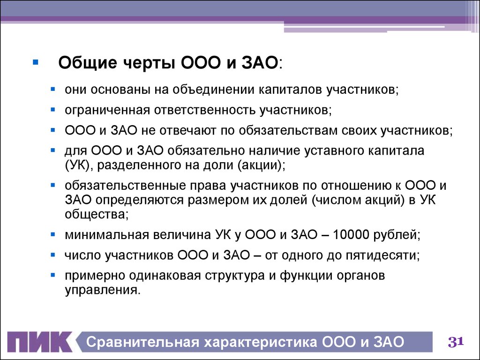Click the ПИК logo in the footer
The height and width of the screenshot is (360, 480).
tap(40, 342)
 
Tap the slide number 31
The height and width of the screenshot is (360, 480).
tap(456, 342)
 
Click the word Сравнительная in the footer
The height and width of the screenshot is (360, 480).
tap(142, 342)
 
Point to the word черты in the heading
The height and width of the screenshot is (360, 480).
tap(150, 63)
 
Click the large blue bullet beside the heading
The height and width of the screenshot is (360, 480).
tap(36, 62)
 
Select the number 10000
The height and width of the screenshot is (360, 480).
tap(351, 235)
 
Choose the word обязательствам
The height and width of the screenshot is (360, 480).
tap(288, 131)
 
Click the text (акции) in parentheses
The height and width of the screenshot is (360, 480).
tap(261, 165)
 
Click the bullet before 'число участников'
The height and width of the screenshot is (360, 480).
tap(53, 255)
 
